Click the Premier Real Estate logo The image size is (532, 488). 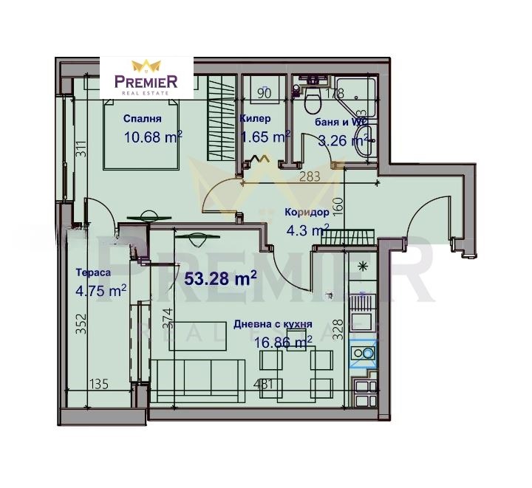tap(149, 77)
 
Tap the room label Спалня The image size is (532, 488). tap(142, 118)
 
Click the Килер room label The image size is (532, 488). tap(256, 118)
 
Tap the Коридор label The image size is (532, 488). tap(307, 213)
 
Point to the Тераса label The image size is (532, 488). tap(93, 272)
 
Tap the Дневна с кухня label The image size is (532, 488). tap(272, 324)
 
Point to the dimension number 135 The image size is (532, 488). tap(100, 384)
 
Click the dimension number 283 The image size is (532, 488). tap(310, 176)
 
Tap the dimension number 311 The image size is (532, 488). tap(82, 152)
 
